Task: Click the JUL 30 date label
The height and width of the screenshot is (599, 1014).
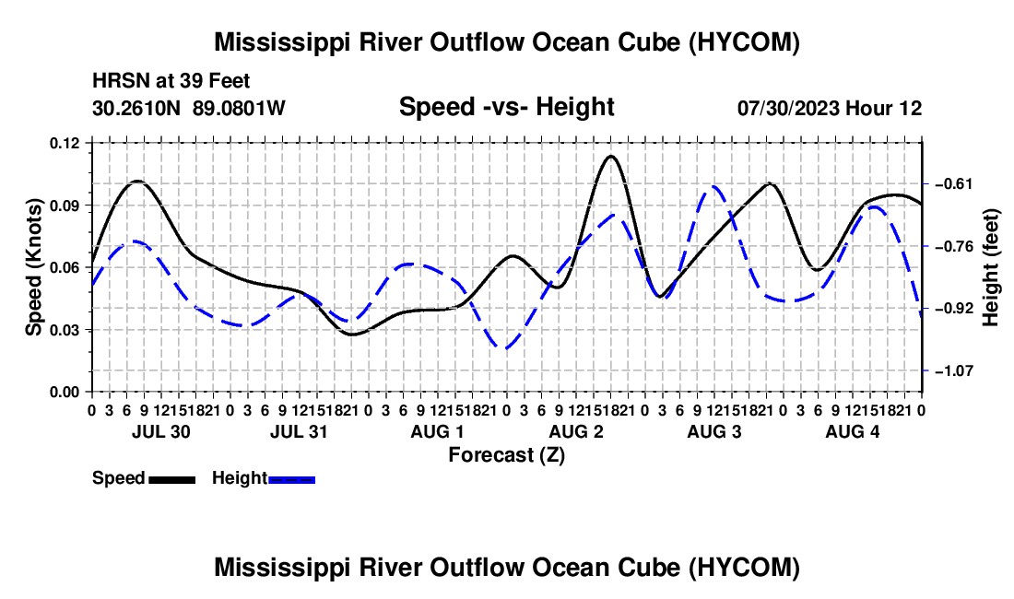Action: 161,431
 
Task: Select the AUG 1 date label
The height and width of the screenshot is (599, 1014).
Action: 437,431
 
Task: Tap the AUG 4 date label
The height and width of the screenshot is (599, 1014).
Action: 853,431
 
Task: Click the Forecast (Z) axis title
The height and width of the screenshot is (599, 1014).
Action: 507,455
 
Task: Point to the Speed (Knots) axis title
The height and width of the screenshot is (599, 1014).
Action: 33,267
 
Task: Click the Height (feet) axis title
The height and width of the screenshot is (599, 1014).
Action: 990,267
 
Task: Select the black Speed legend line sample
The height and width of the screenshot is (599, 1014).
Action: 172,480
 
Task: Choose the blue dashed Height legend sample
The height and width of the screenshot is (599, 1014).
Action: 291,480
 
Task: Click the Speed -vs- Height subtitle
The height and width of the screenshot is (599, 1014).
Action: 507,107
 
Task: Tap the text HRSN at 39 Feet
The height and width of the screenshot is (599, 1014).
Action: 171,81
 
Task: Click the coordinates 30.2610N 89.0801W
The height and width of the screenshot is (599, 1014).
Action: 189,108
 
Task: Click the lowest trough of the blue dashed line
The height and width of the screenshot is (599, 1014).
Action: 505,349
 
